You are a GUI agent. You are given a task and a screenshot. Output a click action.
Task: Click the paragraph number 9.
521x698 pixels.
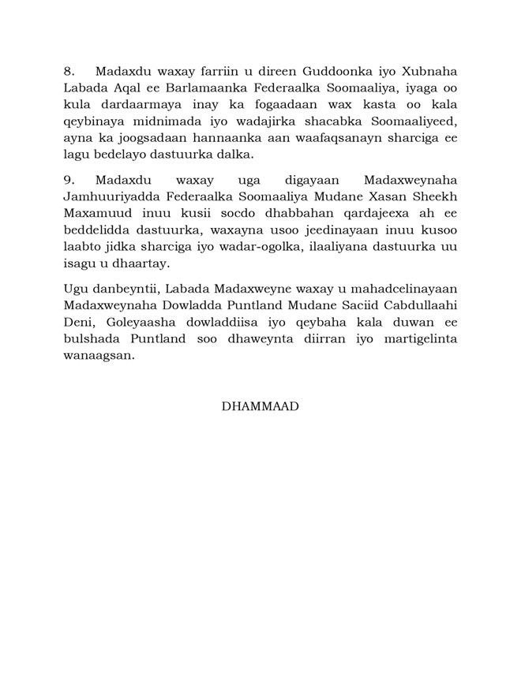[x=69, y=179]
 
